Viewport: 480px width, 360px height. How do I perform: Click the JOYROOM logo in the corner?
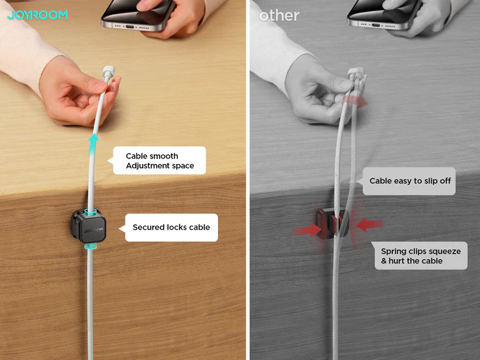tap(37, 15)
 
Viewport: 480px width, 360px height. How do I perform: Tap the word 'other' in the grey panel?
tap(279, 16)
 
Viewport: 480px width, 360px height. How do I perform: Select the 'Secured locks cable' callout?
tap(171, 228)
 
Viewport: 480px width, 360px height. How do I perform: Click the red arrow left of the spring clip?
tap(307, 230)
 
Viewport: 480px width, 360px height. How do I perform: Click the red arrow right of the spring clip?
tap(370, 224)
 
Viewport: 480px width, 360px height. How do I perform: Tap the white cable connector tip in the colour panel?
tap(108, 71)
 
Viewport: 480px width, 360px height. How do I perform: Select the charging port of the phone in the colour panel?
tap(130, 27)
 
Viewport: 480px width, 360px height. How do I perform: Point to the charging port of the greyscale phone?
tap(376, 25)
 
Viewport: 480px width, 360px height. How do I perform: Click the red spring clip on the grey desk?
tap(333, 223)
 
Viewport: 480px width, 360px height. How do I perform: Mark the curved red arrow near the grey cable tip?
tap(355, 101)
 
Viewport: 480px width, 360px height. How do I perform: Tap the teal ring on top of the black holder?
tap(91, 212)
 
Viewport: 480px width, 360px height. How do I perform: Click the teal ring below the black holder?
tap(91, 246)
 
